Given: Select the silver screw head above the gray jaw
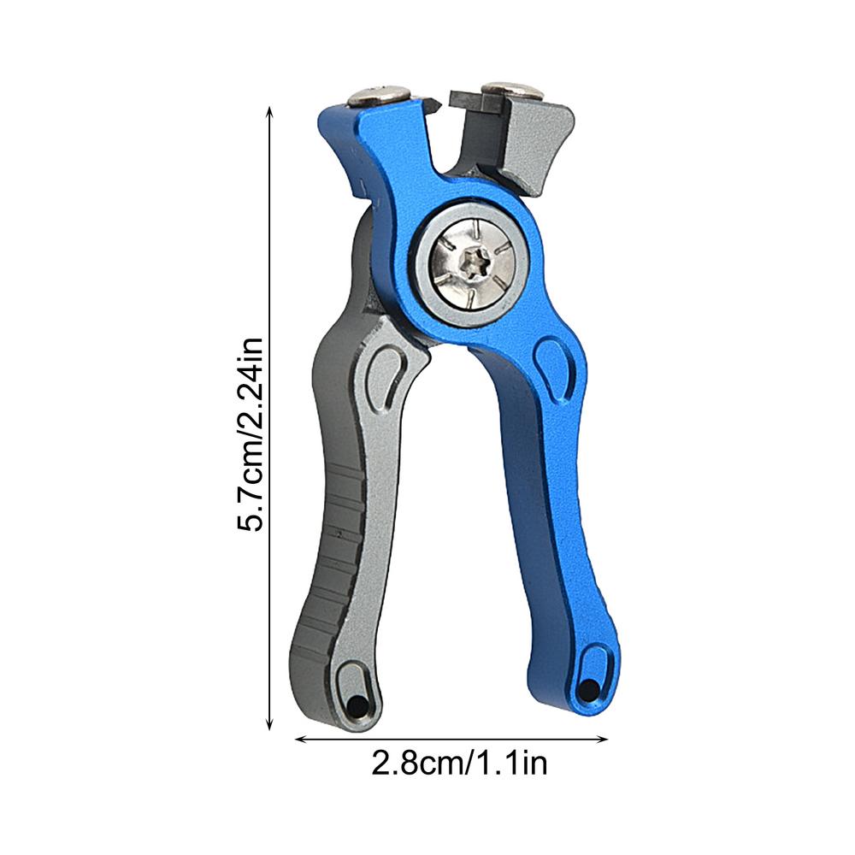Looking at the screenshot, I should [x=509, y=89].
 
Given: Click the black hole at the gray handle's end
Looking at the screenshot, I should [x=352, y=706].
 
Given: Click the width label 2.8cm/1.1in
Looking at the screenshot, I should [x=459, y=762].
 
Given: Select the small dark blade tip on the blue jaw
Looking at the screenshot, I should [x=433, y=106].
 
